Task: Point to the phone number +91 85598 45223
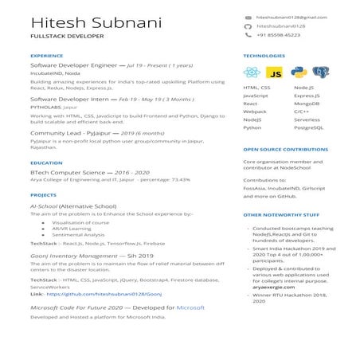point(278,36)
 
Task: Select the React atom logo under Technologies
point(252,72)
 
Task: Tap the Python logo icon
point(298,72)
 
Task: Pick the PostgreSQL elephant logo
point(321,72)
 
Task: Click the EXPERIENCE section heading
point(46,57)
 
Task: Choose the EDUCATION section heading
point(46,163)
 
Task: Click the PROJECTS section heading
point(43,194)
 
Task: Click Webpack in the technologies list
point(255,112)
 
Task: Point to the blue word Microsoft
point(190,307)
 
